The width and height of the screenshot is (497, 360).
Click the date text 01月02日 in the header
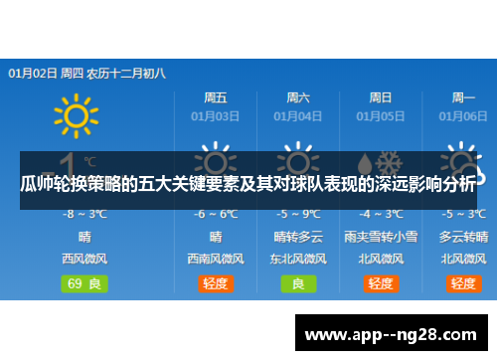pos(33,73)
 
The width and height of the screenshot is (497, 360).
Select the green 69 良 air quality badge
pos(84,283)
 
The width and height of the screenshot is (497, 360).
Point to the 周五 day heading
pos(216,97)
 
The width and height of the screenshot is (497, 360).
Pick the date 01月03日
pos(216,116)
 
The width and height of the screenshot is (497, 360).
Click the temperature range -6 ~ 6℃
pos(216,214)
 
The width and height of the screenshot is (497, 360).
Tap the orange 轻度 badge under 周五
pos(216,283)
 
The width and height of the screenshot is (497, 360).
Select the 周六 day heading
pos(298,97)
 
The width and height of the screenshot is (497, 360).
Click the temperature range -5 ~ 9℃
pos(298,214)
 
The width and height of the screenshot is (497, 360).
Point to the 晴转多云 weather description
pos(298,237)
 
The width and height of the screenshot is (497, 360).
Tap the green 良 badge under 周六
pos(298,283)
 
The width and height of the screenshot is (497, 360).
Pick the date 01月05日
pos(381,116)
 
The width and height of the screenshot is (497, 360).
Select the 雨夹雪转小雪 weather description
pos(381,237)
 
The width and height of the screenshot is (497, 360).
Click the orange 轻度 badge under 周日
pos(381,283)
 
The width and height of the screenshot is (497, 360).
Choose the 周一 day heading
pos(463,97)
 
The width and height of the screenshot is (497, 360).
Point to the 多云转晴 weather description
pos(463,237)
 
